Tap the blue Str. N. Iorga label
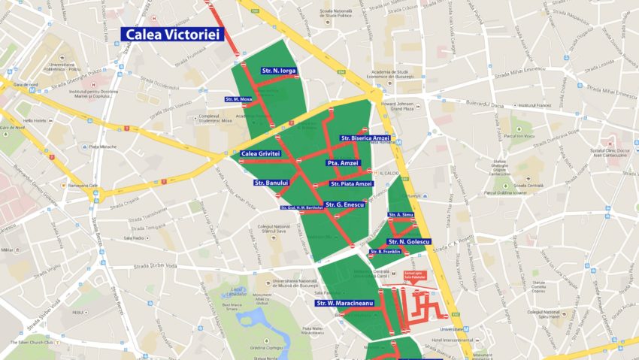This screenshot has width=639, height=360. pyautogui.click(x=279, y=71)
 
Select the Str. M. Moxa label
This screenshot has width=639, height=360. pyautogui.click(x=239, y=99)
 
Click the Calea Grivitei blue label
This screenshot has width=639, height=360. pyautogui.click(x=260, y=153)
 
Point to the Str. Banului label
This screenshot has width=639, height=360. pyautogui.click(x=271, y=183)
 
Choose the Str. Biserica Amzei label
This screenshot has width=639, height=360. pyautogui.click(x=365, y=138)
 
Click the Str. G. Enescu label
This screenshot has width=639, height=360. pyautogui.click(x=345, y=204)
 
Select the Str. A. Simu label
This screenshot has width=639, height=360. pyautogui.click(x=401, y=215)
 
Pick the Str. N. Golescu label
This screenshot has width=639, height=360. pyautogui.click(x=409, y=241)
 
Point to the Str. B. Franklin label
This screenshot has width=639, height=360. pyautogui.click(x=386, y=252)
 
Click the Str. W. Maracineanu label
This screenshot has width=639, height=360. pyautogui.click(x=344, y=303)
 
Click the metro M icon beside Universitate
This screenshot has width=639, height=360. pyautogui.click(x=466, y=329)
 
